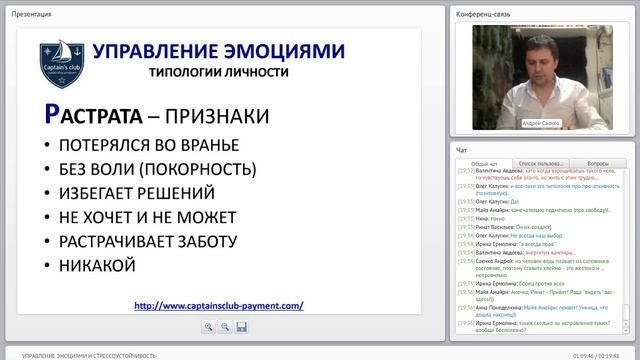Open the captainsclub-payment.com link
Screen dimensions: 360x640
218,306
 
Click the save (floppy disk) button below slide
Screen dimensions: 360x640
241,327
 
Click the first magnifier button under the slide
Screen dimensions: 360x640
208,327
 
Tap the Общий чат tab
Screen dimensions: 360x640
484,163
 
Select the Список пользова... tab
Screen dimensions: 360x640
540,163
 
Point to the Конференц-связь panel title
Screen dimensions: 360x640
484,14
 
